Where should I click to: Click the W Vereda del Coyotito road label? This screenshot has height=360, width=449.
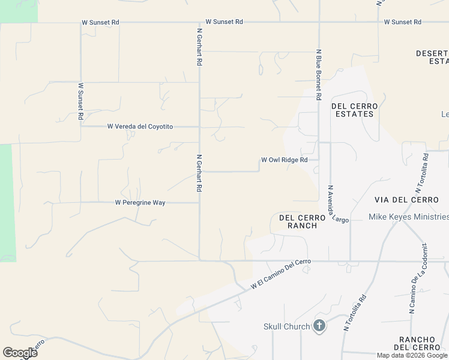coord(140,127)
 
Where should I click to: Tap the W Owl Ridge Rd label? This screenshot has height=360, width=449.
coord(284,160)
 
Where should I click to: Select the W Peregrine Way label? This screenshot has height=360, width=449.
coord(140,203)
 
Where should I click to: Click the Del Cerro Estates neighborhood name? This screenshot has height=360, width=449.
coord(352,110)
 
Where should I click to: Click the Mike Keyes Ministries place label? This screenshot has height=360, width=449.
coord(408,217)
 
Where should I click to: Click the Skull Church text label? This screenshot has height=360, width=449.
coord(287,326)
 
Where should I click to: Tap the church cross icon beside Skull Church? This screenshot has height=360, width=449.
coord(319,326)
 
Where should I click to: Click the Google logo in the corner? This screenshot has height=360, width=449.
coord(20,353)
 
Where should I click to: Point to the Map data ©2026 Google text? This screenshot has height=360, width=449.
coord(412,355)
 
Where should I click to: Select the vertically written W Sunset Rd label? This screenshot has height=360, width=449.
coord(80,101)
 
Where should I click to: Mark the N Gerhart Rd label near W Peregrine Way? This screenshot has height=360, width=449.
coord(199,173)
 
